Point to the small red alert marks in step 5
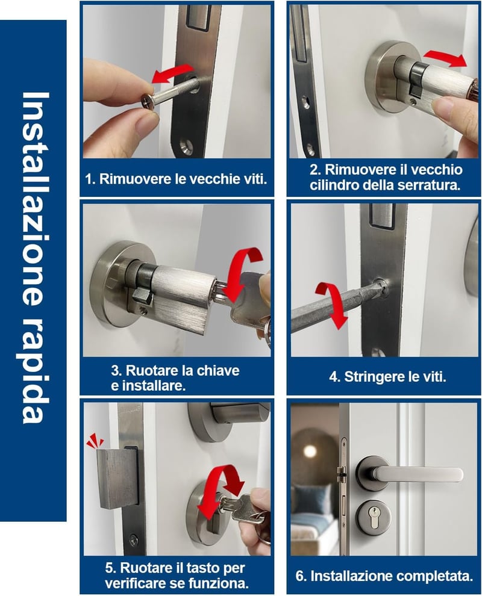point(95,441)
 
